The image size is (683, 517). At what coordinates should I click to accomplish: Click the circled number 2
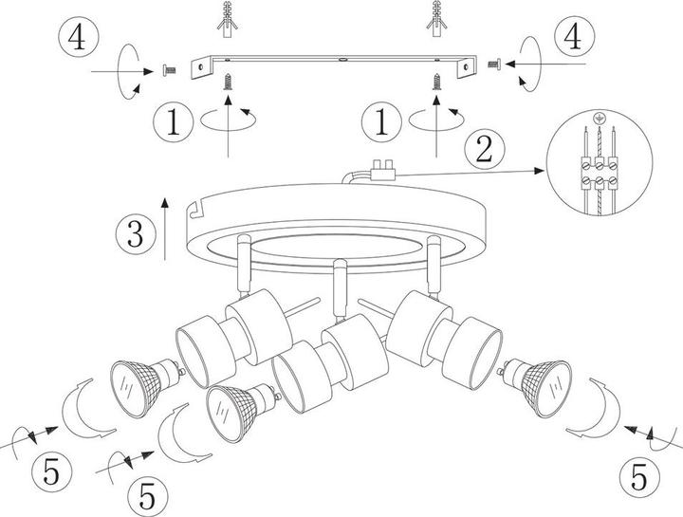485,149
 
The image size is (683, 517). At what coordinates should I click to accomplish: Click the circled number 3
136,235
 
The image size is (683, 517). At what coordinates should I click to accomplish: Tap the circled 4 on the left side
79,37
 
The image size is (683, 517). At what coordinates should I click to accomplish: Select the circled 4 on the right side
574,37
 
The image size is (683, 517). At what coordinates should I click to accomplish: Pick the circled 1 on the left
173,121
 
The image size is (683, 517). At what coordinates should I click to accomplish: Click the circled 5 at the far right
639,476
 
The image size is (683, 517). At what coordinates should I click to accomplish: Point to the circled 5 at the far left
52,472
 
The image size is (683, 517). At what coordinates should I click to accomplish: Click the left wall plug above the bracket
227,19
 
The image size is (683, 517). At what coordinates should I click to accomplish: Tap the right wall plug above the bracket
436,19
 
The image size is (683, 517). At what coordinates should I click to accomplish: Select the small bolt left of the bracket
169,69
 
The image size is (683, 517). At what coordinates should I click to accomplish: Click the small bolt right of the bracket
494,65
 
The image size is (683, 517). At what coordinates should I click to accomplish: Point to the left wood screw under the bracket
227,82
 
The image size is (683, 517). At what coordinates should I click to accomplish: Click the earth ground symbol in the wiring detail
600,118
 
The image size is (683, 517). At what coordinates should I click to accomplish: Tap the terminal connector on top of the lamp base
382,170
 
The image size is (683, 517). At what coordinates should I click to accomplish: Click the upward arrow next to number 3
165,230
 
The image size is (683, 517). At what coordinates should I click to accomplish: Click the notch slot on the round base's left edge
197,210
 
